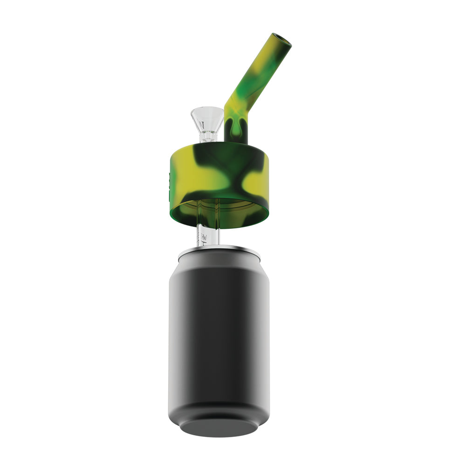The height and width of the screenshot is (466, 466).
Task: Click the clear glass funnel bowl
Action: [207, 119]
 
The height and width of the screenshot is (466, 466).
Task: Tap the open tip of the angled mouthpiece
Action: [282, 41]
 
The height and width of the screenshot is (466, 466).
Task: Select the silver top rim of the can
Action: [219, 251]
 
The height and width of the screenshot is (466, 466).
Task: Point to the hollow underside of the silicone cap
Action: [219, 212]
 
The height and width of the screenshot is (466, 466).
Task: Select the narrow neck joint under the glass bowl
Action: [207, 136]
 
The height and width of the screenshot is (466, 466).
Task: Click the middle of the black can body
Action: [219, 336]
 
